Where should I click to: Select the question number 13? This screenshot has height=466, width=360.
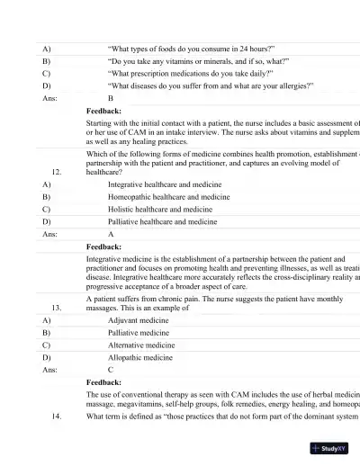tap(57, 307)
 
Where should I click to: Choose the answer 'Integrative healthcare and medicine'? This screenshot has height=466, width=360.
tap(164, 184)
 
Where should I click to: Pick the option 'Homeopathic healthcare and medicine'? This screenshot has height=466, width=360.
tap(168, 196)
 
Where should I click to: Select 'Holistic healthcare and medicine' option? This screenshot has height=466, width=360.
tap(159, 209)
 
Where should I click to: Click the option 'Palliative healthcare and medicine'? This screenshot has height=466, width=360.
tap(162, 221)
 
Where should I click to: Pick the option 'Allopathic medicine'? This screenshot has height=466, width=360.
tap(139, 357)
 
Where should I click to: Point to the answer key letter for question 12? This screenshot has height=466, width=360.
tap(111, 234)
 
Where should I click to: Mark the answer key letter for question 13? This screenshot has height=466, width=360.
tap(111, 370)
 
